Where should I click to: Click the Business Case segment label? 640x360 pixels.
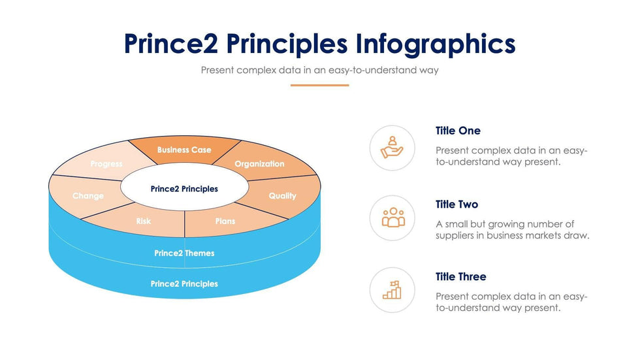pyautogui.click(x=184, y=150)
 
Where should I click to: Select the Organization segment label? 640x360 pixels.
pyautogui.click(x=259, y=164)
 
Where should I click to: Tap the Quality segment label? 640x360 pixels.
pyautogui.click(x=282, y=196)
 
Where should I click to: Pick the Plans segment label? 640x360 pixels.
pyautogui.click(x=225, y=221)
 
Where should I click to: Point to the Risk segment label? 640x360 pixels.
pyautogui.click(x=143, y=221)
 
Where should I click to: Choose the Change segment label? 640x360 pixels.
pyautogui.click(x=88, y=196)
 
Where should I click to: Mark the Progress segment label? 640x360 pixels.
pyautogui.click(x=106, y=164)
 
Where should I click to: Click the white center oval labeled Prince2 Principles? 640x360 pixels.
pyautogui.click(x=184, y=188)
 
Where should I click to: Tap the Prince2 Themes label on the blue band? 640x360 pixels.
pyautogui.click(x=184, y=253)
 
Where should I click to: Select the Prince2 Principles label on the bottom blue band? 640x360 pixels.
pyautogui.click(x=184, y=284)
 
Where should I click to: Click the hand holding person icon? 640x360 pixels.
pyautogui.click(x=392, y=148)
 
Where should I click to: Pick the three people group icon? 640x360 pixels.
pyautogui.click(x=393, y=217)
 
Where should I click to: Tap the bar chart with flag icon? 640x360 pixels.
pyautogui.click(x=392, y=290)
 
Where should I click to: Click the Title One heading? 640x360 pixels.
pyautogui.click(x=458, y=131)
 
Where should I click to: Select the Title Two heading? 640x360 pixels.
pyautogui.click(x=456, y=204)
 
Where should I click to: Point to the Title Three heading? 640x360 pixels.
pyautogui.click(x=461, y=276)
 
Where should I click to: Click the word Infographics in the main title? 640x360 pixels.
pyautogui.click(x=436, y=44)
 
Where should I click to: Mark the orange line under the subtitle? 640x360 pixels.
pyautogui.click(x=319, y=86)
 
